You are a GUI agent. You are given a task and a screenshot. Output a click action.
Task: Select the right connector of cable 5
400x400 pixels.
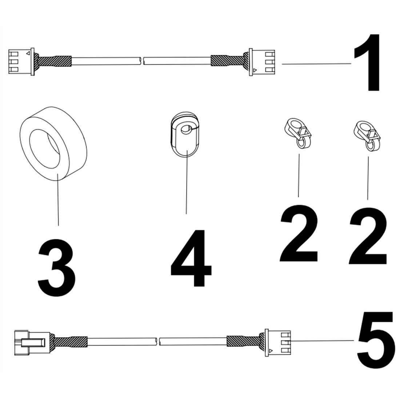point(278,342)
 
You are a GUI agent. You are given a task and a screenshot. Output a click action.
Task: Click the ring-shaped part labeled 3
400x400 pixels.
point(53,143)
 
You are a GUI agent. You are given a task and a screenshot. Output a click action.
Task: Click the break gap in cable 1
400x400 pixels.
point(142,61)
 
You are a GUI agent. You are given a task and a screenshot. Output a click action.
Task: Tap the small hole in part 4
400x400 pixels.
point(186,129)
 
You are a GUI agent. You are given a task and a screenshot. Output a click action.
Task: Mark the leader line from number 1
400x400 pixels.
point(316,64)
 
